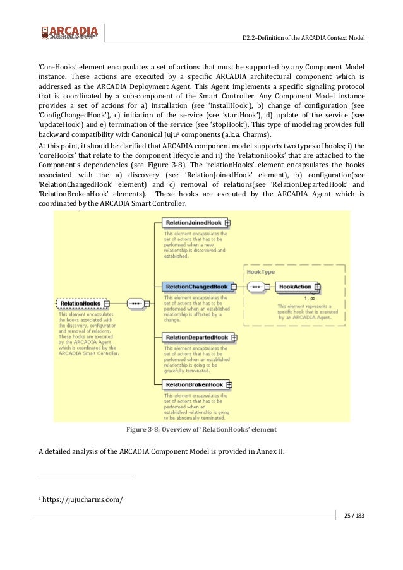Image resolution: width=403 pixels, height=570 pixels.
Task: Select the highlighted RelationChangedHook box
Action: (x=196, y=287)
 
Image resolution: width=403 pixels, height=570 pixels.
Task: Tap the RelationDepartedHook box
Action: (x=196, y=338)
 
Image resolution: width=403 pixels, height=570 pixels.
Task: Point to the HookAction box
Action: (x=295, y=287)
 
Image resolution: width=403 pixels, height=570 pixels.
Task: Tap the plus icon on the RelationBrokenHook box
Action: (x=229, y=384)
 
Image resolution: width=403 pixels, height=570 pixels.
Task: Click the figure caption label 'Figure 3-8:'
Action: (x=147, y=430)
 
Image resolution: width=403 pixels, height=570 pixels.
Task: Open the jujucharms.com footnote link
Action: (x=83, y=500)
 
